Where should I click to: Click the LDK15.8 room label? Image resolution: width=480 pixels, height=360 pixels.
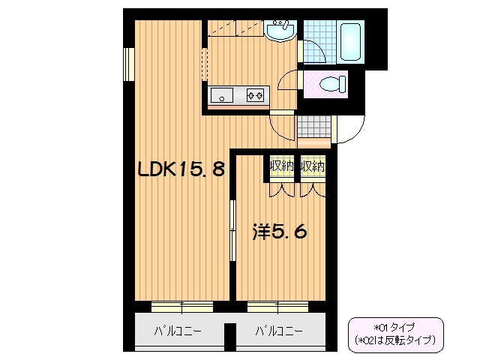(x=181, y=169)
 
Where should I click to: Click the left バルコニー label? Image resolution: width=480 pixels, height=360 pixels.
(x=178, y=331)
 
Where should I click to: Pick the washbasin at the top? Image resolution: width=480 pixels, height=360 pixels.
(x=280, y=30)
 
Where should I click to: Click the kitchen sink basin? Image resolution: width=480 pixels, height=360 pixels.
(x=223, y=94)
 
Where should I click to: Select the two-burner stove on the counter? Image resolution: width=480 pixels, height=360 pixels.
(x=256, y=94)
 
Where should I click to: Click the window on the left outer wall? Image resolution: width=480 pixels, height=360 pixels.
(x=129, y=63)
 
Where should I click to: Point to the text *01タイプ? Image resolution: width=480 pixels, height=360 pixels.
(x=395, y=327)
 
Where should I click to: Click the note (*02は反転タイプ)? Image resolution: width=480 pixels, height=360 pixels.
(x=395, y=340)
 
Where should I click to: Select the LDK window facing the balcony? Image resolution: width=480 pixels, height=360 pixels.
(x=181, y=306)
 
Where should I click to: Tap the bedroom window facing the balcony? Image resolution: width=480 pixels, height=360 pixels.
(x=278, y=306)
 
